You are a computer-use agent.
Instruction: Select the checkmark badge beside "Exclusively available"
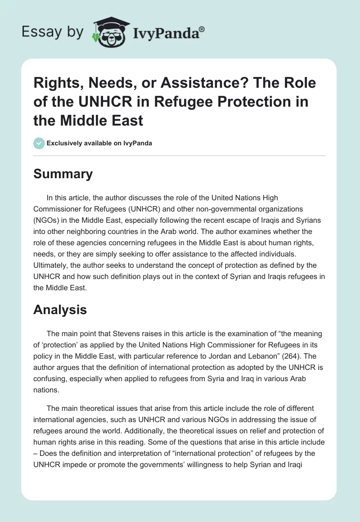[39, 144]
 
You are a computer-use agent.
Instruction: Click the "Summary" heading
[63, 174]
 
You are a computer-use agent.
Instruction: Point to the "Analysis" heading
[60, 310]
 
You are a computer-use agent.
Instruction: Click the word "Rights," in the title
[56, 83]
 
